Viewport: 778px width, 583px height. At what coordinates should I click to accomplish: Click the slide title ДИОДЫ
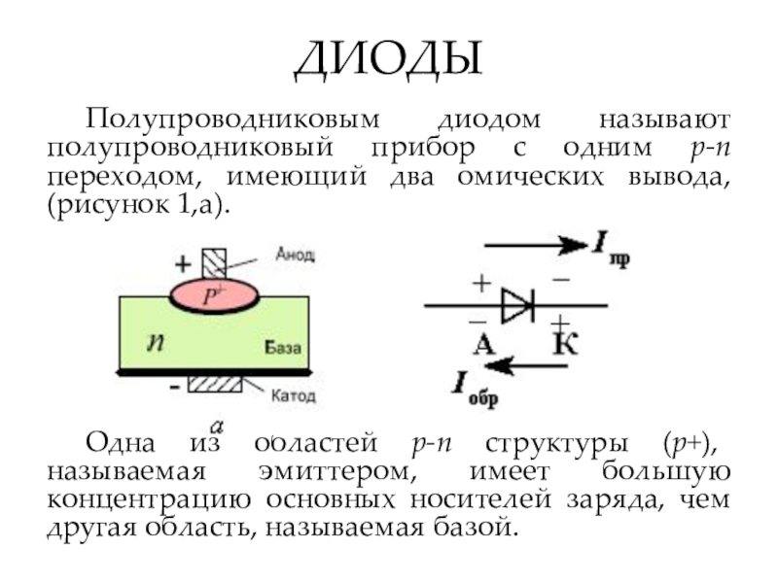(388, 60)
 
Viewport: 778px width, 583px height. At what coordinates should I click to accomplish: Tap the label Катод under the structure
(293, 396)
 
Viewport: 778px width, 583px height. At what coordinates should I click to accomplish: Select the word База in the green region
(285, 346)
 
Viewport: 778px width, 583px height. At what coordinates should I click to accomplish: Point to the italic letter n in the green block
(154, 340)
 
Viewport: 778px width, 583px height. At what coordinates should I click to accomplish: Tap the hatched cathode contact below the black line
(214, 383)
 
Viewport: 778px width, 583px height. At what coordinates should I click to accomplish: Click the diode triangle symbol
(516, 306)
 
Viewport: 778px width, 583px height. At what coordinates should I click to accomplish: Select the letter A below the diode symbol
(484, 343)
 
